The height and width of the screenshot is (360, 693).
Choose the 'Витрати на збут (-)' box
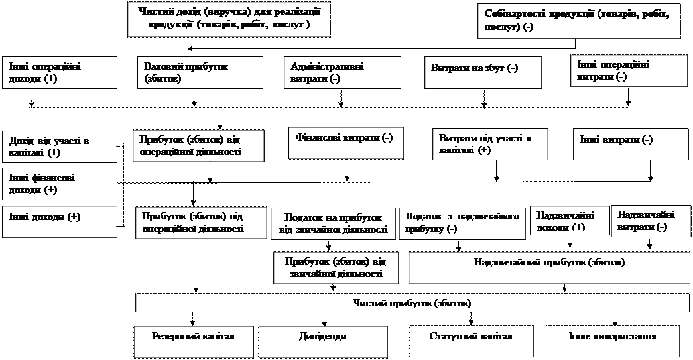(x=483, y=71)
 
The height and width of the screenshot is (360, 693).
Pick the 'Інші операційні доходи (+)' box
(x=60, y=72)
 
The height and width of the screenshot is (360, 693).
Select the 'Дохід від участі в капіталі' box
(x=60, y=147)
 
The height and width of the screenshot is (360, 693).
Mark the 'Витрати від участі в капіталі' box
(x=491, y=144)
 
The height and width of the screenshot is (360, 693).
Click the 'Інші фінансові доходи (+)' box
(x=60, y=184)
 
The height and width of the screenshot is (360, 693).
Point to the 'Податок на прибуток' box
(x=333, y=224)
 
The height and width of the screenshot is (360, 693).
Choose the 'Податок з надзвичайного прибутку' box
(x=462, y=223)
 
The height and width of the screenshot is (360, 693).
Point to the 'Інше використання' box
(x=612, y=336)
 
